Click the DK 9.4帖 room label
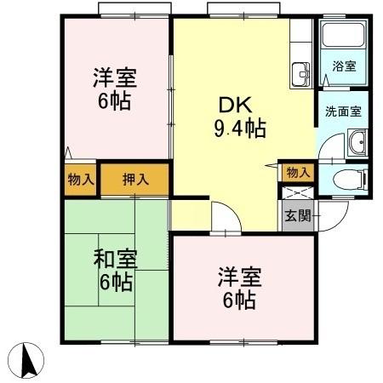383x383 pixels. (x=239, y=117)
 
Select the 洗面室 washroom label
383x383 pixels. (x=342, y=110)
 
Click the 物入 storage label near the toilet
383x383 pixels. (x=298, y=172)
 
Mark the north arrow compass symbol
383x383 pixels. (x=28, y=361)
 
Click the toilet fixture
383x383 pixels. (x=350, y=180)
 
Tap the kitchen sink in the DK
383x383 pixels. (x=301, y=75)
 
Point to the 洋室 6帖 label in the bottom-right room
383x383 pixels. (x=239, y=288)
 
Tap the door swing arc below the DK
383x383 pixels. (x=220, y=214)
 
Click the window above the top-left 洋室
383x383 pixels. (x=129, y=11)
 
